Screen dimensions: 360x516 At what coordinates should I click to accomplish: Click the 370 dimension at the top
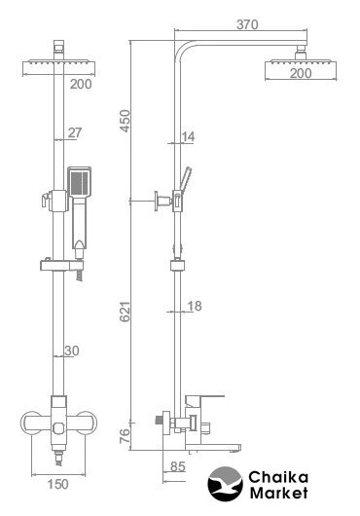pyautogui.click(x=247, y=24)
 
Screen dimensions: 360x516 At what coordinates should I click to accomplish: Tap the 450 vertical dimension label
pyautogui.click(x=125, y=121)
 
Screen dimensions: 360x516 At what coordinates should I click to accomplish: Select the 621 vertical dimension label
pyautogui.click(x=125, y=312)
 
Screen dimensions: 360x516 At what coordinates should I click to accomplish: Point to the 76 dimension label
pyautogui.click(x=125, y=436)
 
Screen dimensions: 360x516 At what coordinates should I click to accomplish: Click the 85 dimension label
pyautogui.click(x=178, y=466)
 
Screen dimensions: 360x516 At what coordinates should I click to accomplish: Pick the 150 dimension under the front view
pyautogui.click(x=57, y=484)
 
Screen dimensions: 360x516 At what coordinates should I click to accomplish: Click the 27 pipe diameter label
pyautogui.click(x=75, y=132)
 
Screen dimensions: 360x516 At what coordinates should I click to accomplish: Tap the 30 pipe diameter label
pyautogui.click(x=72, y=350)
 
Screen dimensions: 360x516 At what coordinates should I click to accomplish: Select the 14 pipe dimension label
pyautogui.click(x=188, y=136)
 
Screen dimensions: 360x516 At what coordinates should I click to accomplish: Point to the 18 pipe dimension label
pyautogui.click(x=195, y=306)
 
